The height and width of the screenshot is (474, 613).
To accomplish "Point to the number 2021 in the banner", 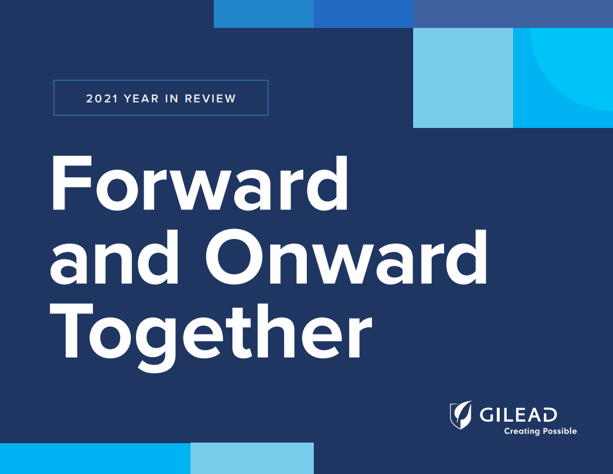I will (x=102, y=98).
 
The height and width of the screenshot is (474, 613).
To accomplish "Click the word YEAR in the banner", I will (x=142, y=98).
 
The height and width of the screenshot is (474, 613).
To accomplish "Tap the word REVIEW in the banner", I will (x=210, y=98).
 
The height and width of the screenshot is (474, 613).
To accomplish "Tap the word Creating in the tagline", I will (x=521, y=432).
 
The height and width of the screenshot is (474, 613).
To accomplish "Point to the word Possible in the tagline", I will (x=559, y=432).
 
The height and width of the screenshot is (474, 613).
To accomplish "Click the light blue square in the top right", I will (x=463, y=77).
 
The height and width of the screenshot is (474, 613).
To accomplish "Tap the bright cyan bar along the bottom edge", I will (x=95, y=458).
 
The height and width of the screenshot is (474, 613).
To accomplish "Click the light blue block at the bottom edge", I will (x=252, y=458).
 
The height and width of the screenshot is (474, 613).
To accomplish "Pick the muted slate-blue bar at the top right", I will (x=513, y=13).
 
